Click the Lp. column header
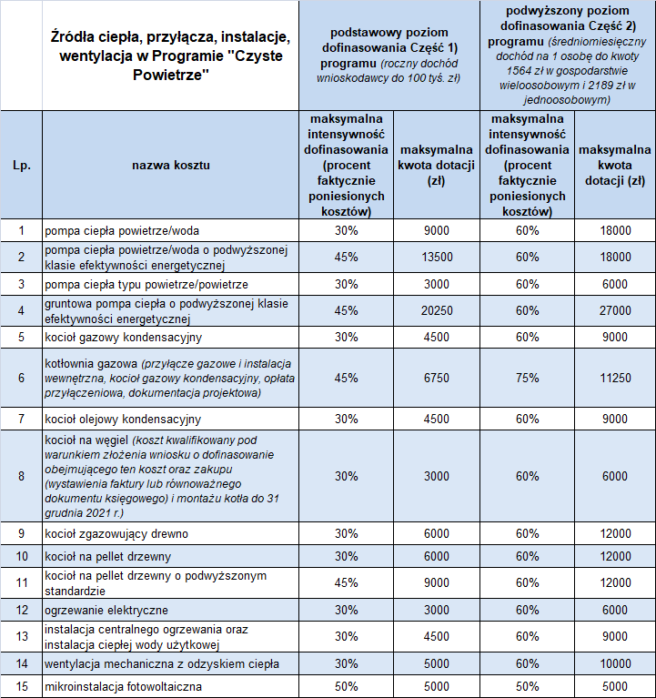21,165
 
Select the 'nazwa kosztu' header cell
171,165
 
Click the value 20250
437,310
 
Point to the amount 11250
615,378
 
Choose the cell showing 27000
615,310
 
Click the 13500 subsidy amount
437,258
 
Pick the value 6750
437,378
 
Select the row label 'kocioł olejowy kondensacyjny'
123,420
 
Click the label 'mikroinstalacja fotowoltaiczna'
123,686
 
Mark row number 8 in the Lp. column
21,476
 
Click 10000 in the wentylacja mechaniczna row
615,663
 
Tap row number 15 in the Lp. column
21,686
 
